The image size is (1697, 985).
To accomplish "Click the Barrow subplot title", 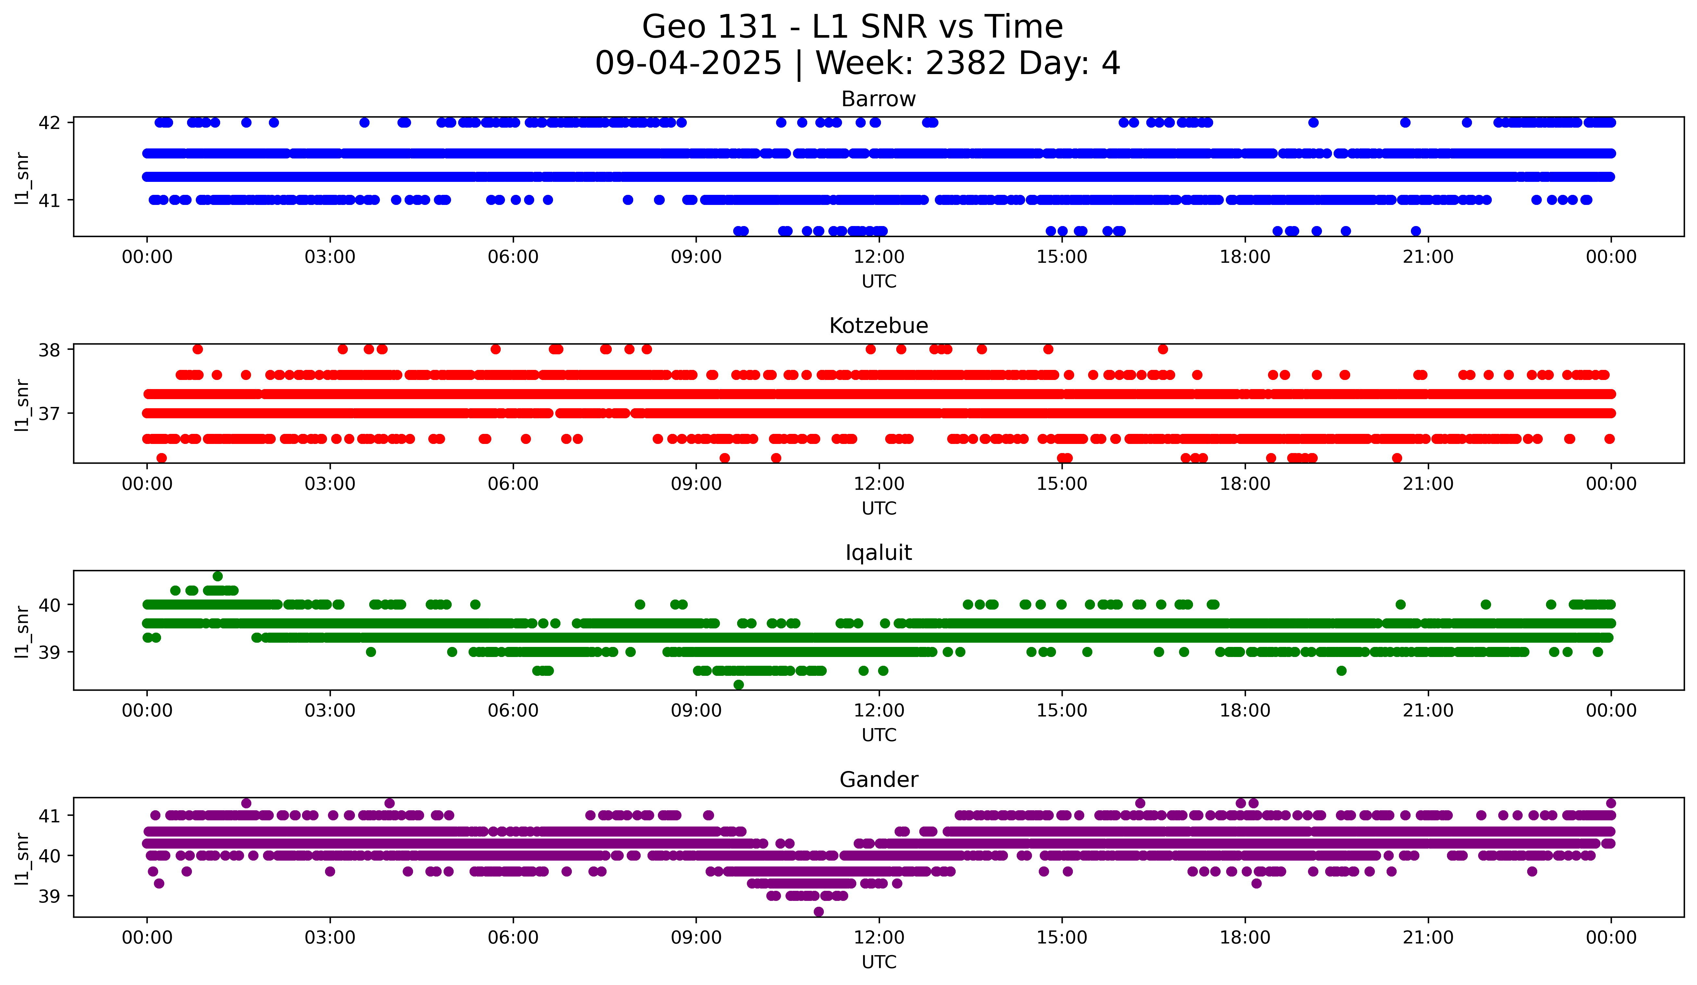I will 878,99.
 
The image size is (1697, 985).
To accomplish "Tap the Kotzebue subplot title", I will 878,326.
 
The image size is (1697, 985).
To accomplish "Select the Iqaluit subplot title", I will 878,553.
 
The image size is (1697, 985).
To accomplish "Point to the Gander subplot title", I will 878,780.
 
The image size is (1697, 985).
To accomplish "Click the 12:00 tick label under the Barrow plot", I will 879,257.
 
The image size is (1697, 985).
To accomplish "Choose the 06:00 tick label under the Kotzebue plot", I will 513,484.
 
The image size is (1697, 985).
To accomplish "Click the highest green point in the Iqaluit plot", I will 218,576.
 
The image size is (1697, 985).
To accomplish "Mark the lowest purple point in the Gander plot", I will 818,912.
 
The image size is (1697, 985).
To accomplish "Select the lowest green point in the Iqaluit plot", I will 739,685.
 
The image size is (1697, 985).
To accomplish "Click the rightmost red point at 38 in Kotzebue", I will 1163,349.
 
